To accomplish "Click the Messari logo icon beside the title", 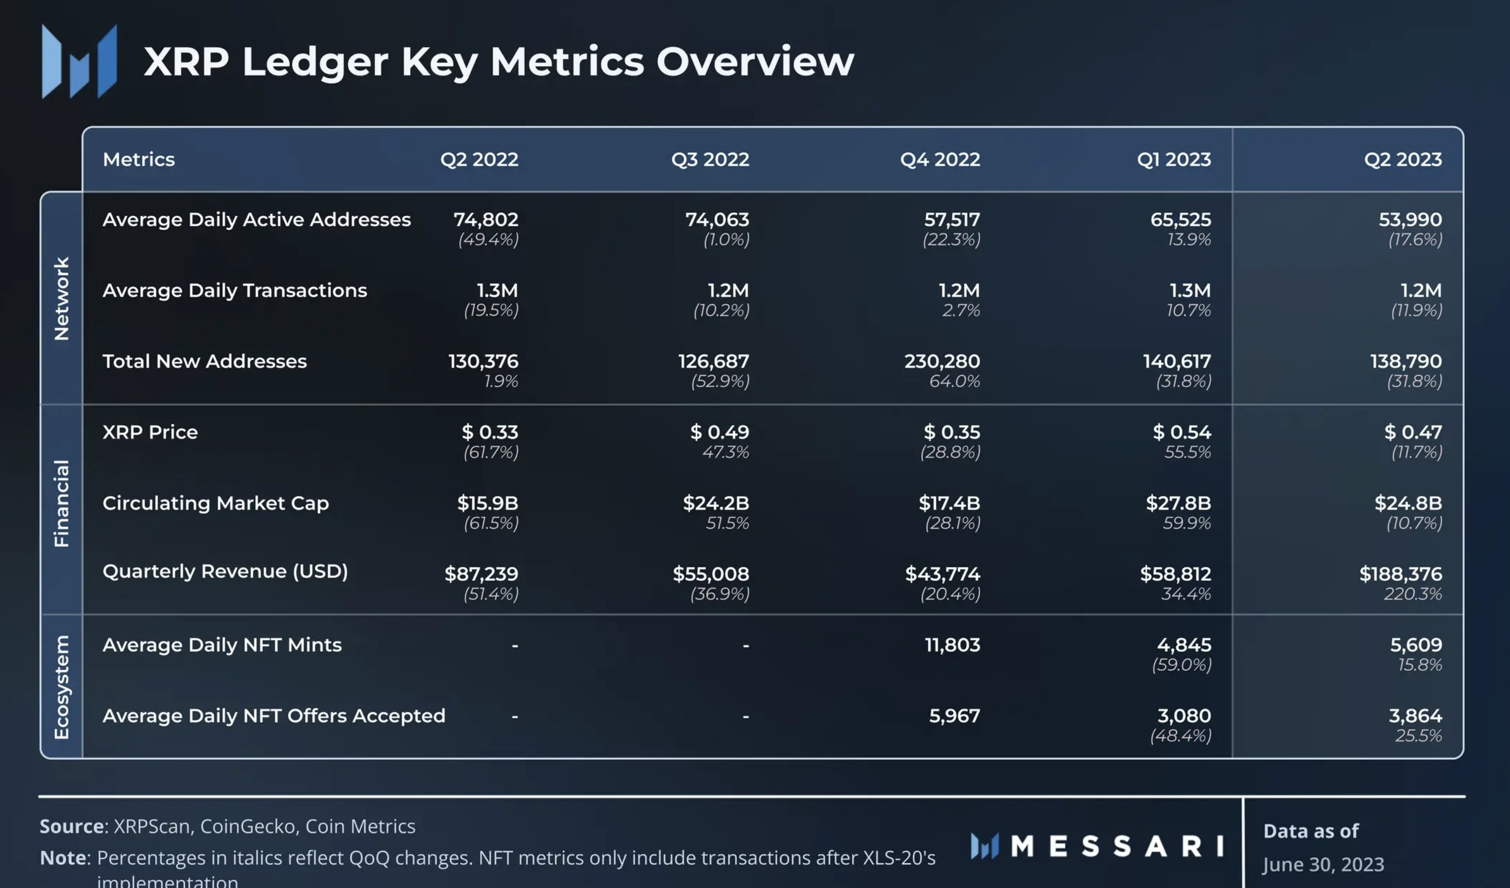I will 79,61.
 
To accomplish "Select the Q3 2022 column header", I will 710,159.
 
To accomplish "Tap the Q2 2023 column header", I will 1403,159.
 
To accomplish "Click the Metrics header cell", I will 139,159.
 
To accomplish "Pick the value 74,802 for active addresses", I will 486,219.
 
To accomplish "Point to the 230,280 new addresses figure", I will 942,361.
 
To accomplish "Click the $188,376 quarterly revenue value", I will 1400,574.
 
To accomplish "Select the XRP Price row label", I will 150,432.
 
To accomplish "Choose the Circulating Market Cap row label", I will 216,503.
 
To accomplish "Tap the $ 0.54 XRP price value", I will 1181,432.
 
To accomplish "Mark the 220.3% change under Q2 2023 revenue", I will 1412,594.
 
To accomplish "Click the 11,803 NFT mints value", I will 952,645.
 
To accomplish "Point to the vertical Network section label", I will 61,298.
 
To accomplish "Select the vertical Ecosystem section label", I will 61,687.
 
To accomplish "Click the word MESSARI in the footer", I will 1117,847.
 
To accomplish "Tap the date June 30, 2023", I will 1323,864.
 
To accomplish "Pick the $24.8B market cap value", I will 1408,503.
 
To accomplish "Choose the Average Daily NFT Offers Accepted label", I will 274,716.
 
